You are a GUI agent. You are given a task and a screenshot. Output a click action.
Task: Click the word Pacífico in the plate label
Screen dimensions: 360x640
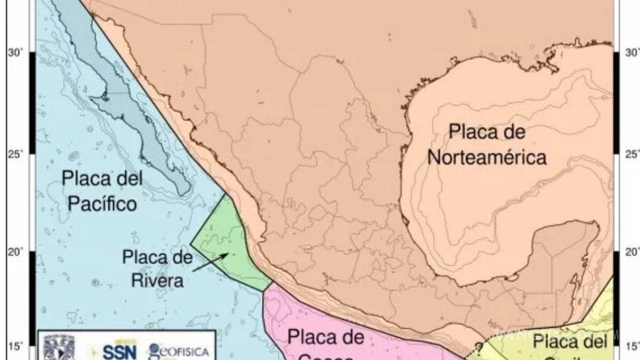[102, 204]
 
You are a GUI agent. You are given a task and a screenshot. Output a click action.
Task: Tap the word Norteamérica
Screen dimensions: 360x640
[487, 157]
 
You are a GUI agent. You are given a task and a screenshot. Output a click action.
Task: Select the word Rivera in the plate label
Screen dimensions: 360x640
[157, 280]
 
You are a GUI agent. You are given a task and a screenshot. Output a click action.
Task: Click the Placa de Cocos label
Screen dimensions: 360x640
[326, 344]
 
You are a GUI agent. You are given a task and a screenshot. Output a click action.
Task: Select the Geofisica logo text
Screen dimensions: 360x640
[179, 351]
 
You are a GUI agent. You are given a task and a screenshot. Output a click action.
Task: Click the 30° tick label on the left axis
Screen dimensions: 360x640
[15, 53]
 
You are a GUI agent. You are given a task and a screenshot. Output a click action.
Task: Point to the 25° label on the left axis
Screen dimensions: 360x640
[15, 153]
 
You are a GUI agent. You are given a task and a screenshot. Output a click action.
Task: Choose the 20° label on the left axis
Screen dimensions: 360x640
[15, 252]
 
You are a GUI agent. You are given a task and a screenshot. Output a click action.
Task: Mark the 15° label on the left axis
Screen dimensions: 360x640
[15, 347]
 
